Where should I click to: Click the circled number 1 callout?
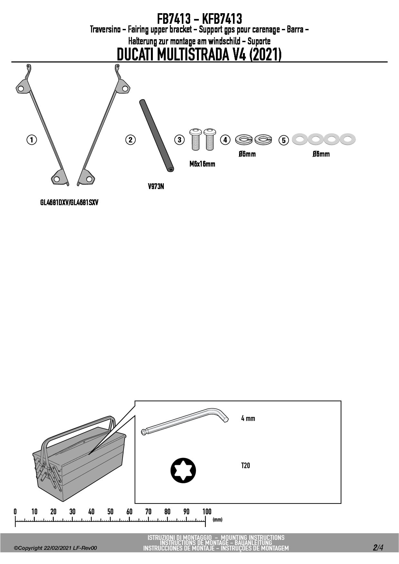tap(32, 140)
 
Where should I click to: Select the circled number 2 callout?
tap(130, 140)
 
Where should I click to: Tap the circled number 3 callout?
tap(180, 140)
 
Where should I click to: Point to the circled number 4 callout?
tap(225, 140)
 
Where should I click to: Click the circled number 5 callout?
tap(283, 141)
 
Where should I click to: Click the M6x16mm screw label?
tap(202, 164)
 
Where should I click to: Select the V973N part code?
tap(156, 186)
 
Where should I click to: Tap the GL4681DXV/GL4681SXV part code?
tap(69, 203)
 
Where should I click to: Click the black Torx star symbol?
tap(183, 470)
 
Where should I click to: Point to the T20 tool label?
tap(246, 466)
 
